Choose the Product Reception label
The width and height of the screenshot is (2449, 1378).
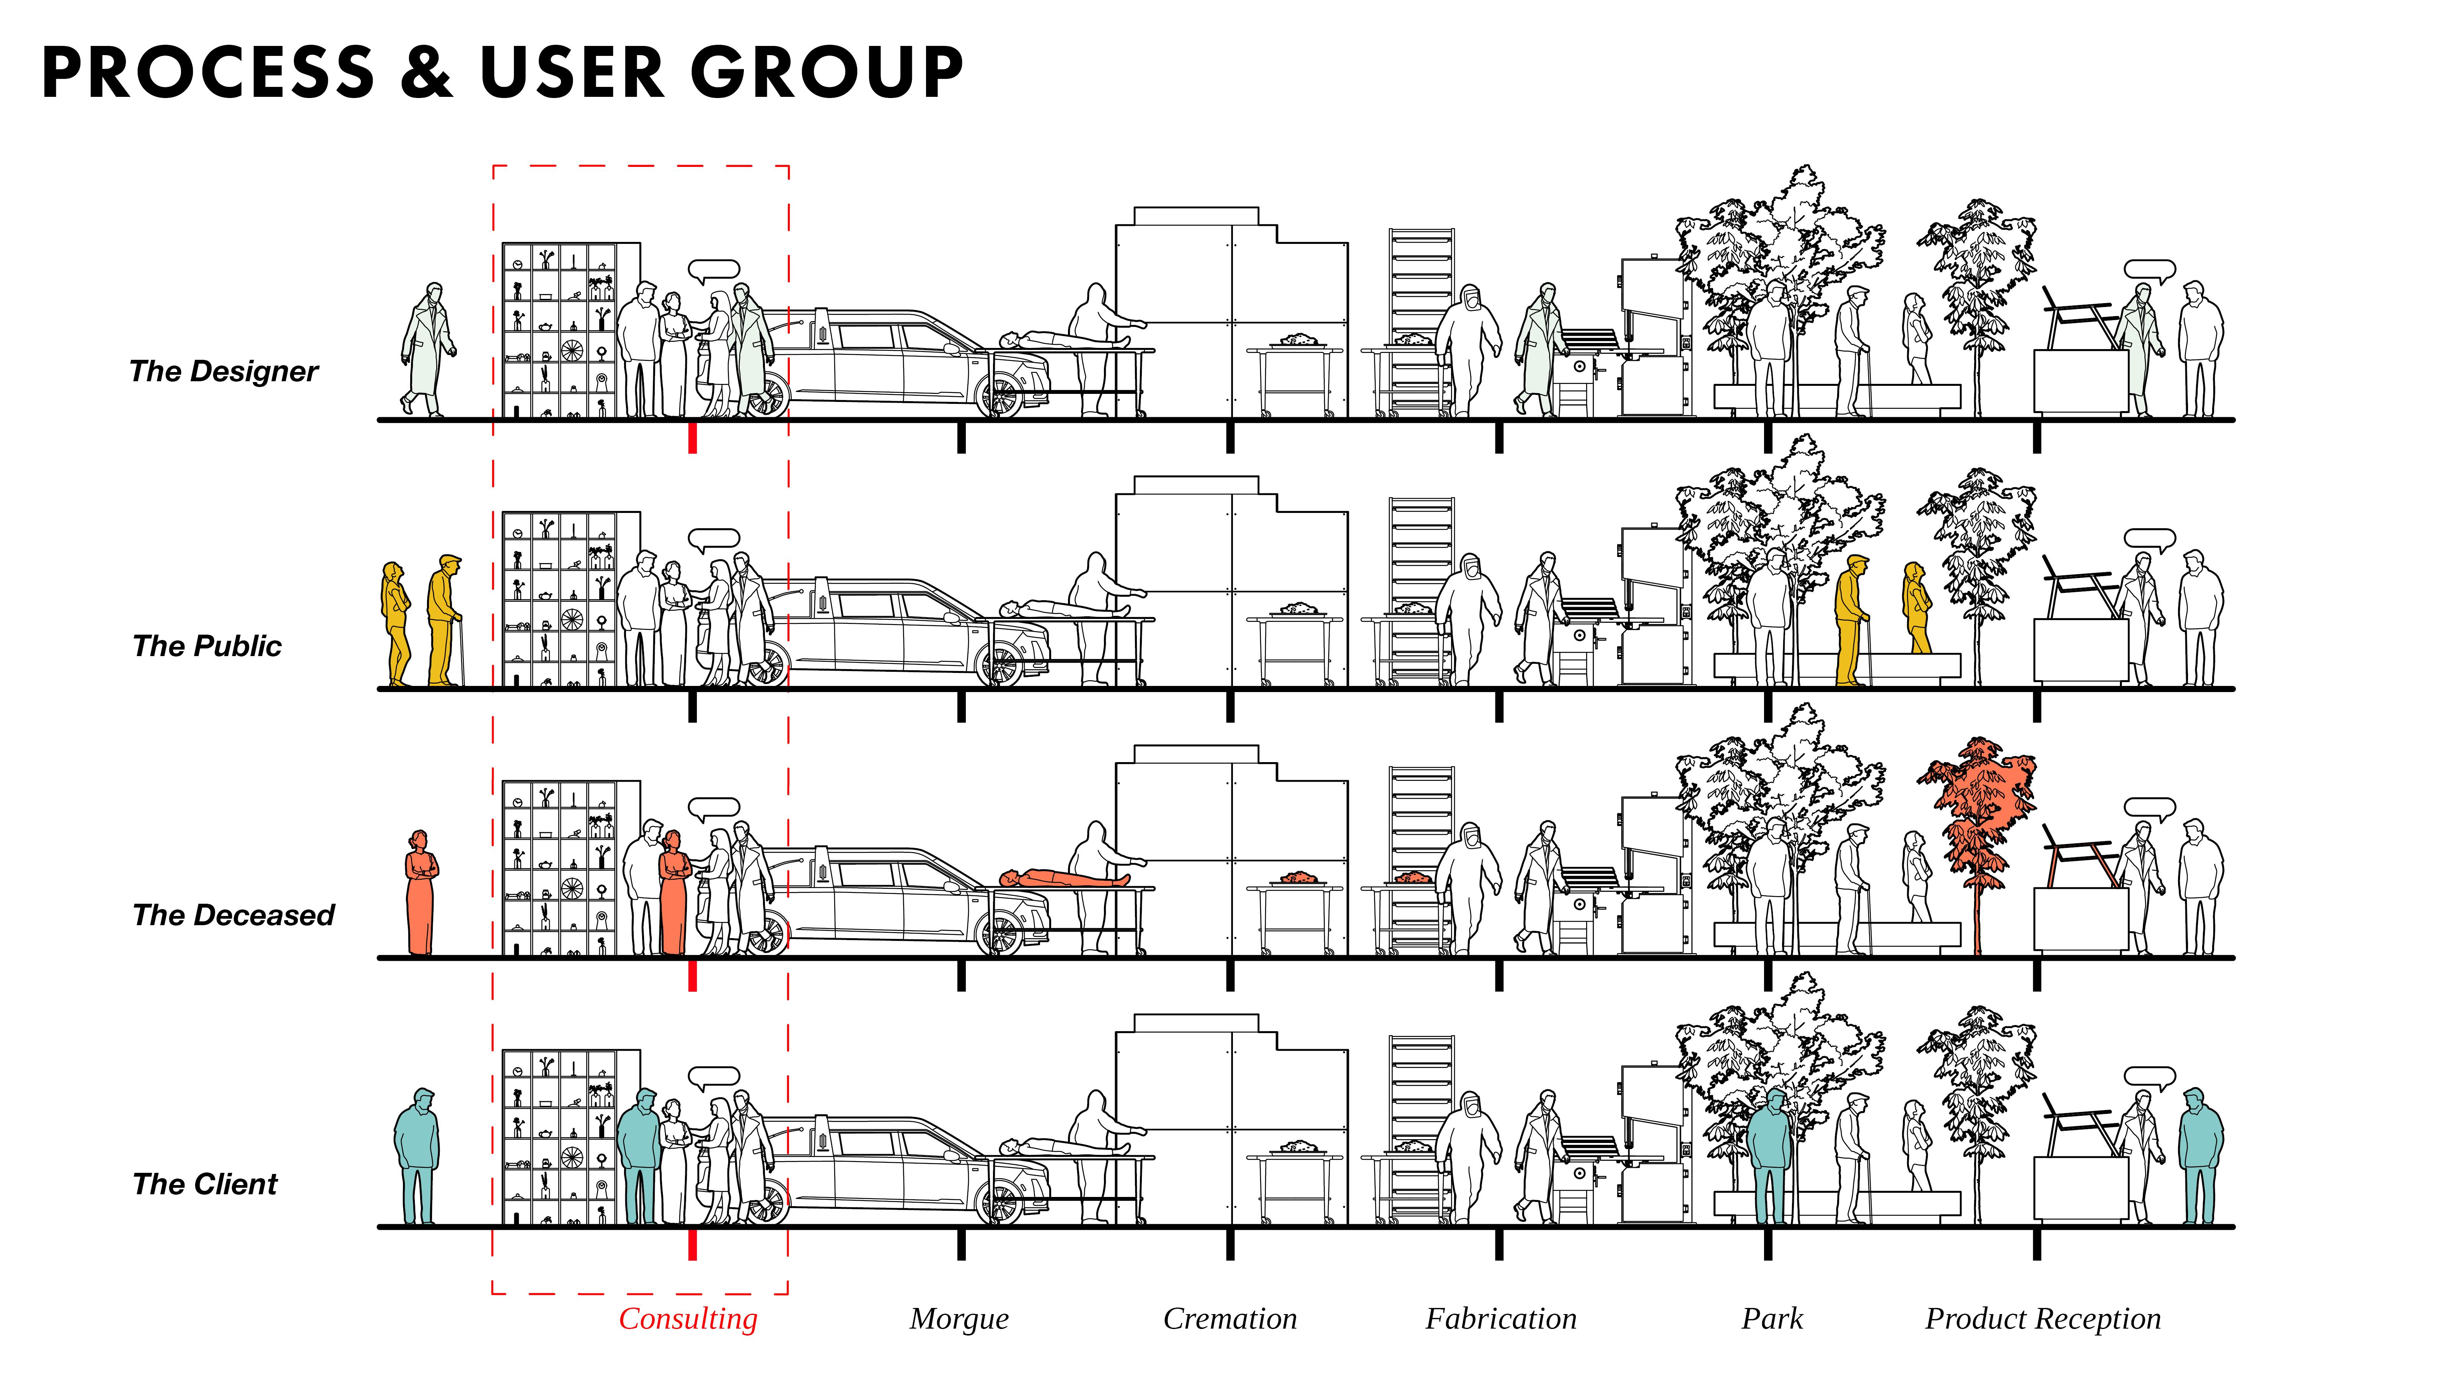[2042, 1319]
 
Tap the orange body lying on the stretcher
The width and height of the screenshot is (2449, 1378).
[1065, 878]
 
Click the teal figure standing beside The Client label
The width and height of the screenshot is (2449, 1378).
[416, 1156]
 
